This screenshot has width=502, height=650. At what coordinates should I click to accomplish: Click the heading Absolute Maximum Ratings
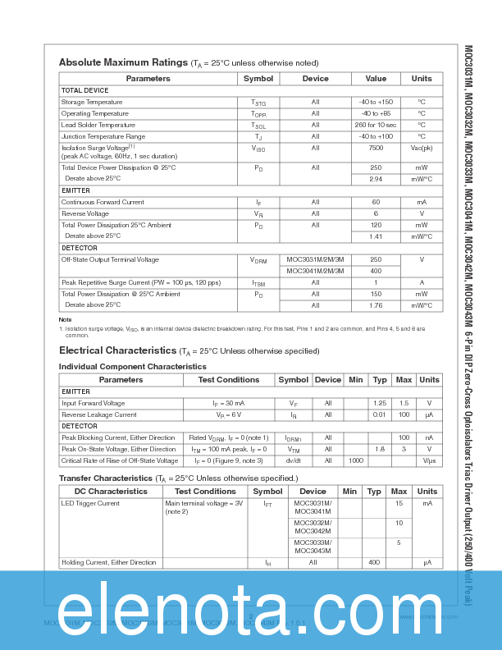pyautogui.click(x=123, y=62)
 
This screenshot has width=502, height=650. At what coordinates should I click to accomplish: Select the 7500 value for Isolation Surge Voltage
pyautogui.click(x=376, y=149)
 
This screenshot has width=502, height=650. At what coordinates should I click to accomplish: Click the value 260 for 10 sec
pyautogui.click(x=376, y=125)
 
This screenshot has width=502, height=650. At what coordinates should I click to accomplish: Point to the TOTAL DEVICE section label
pyautogui.click(x=84, y=90)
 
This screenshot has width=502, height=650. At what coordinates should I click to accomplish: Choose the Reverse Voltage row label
pyautogui.click(x=85, y=213)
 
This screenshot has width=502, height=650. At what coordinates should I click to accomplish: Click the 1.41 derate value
pyautogui.click(x=376, y=236)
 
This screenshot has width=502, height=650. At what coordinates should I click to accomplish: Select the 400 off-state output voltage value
pyautogui.click(x=376, y=271)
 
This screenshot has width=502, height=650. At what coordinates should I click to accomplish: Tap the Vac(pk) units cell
pyautogui.click(x=422, y=149)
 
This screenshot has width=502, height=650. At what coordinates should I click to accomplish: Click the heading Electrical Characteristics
pyautogui.click(x=117, y=350)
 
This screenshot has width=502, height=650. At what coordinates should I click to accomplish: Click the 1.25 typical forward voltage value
pyautogui.click(x=380, y=403)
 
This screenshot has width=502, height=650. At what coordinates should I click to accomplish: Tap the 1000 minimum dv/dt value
pyautogui.click(x=355, y=460)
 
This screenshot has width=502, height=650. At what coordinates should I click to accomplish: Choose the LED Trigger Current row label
pyautogui.click(x=90, y=503)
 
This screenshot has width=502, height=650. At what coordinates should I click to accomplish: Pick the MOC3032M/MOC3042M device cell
pyautogui.click(x=313, y=527)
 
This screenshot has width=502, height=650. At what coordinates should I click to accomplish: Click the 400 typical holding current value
pyautogui.click(x=374, y=562)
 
